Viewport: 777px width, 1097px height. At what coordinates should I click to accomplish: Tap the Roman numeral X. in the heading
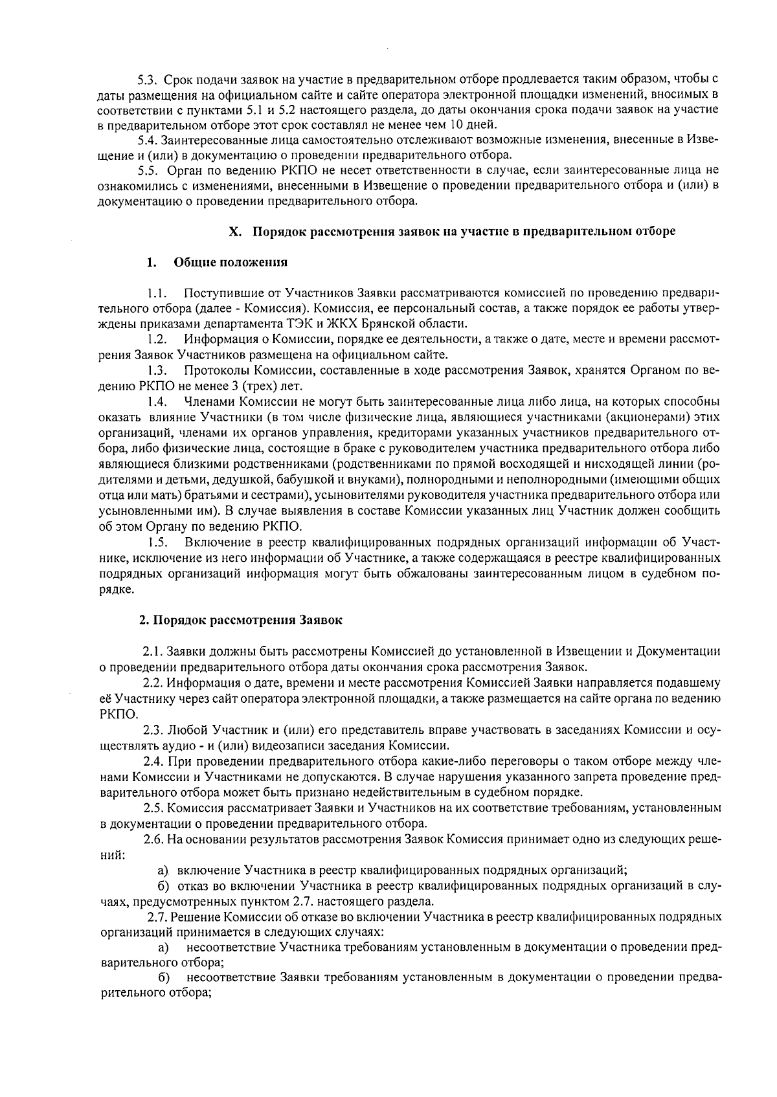click(x=236, y=232)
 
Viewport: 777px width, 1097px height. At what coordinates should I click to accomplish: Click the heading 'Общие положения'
click(x=231, y=263)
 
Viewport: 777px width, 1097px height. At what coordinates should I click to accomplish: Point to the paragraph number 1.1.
click(x=157, y=294)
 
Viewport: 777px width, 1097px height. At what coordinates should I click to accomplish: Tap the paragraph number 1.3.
click(x=157, y=371)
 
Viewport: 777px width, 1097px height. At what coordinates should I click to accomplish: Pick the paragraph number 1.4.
click(x=157, y=402)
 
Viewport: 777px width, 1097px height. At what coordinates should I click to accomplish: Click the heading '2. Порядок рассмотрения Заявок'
click(x=241, y=620)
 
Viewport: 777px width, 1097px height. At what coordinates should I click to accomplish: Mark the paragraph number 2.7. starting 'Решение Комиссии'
click(x=158, y=918)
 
